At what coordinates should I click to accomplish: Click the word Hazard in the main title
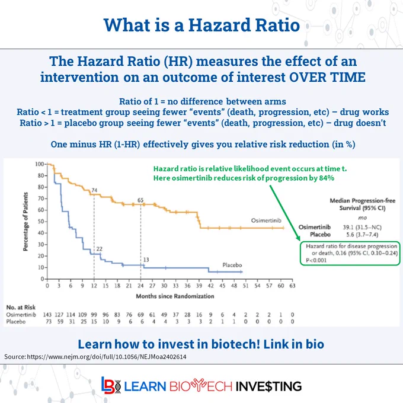(219, 25)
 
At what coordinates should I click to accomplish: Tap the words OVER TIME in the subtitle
(327, 77)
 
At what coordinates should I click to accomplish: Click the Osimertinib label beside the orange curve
(266, 220)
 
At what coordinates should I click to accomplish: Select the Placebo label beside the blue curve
(232, 265)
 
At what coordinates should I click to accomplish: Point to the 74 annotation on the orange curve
(94, 190)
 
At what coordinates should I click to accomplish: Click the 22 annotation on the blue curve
(100, 249)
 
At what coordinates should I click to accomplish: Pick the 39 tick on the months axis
(199, 286)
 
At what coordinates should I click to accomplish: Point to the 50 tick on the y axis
(41, 222)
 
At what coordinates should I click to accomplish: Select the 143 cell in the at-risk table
(47, 315)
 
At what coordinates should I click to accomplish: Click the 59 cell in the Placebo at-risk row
(60, 322)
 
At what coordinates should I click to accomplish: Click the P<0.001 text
(316, 260)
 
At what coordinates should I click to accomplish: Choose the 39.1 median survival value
(348, 227)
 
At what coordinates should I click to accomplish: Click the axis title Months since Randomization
(175, 296)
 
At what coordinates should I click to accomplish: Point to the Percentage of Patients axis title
(25, 222)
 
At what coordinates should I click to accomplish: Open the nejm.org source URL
(107, 357)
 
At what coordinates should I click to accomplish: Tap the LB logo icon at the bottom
(111, 386)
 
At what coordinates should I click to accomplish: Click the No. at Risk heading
(21, 308)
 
